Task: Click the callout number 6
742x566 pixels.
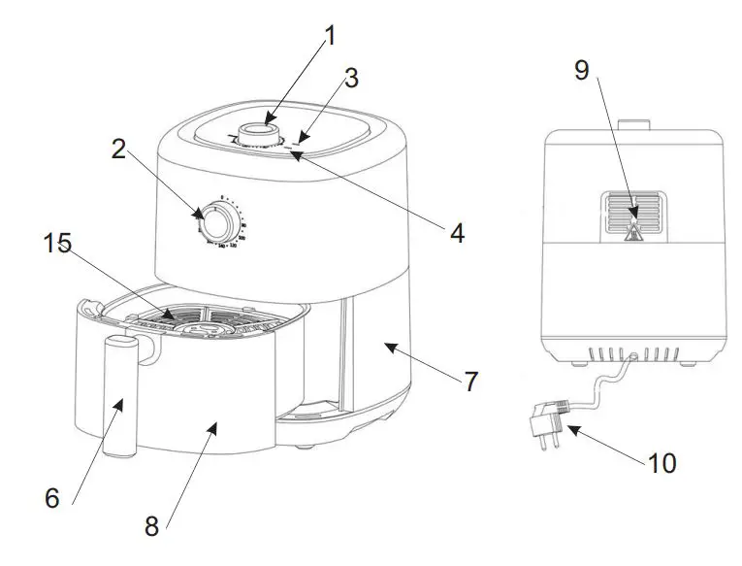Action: pos(52,498)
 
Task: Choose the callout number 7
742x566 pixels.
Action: pos(470,382)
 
